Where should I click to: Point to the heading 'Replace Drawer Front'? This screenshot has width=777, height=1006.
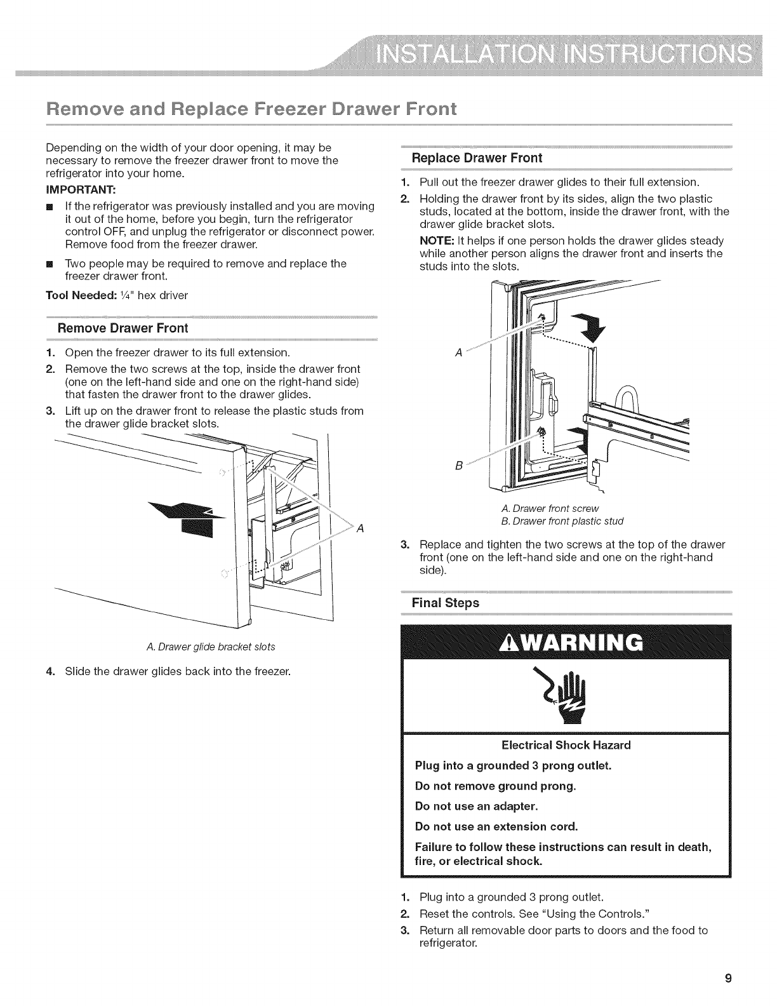477,158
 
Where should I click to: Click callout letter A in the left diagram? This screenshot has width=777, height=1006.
360,528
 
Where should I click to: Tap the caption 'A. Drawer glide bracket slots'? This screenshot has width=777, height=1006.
211,647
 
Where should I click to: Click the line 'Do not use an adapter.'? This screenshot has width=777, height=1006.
476,806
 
